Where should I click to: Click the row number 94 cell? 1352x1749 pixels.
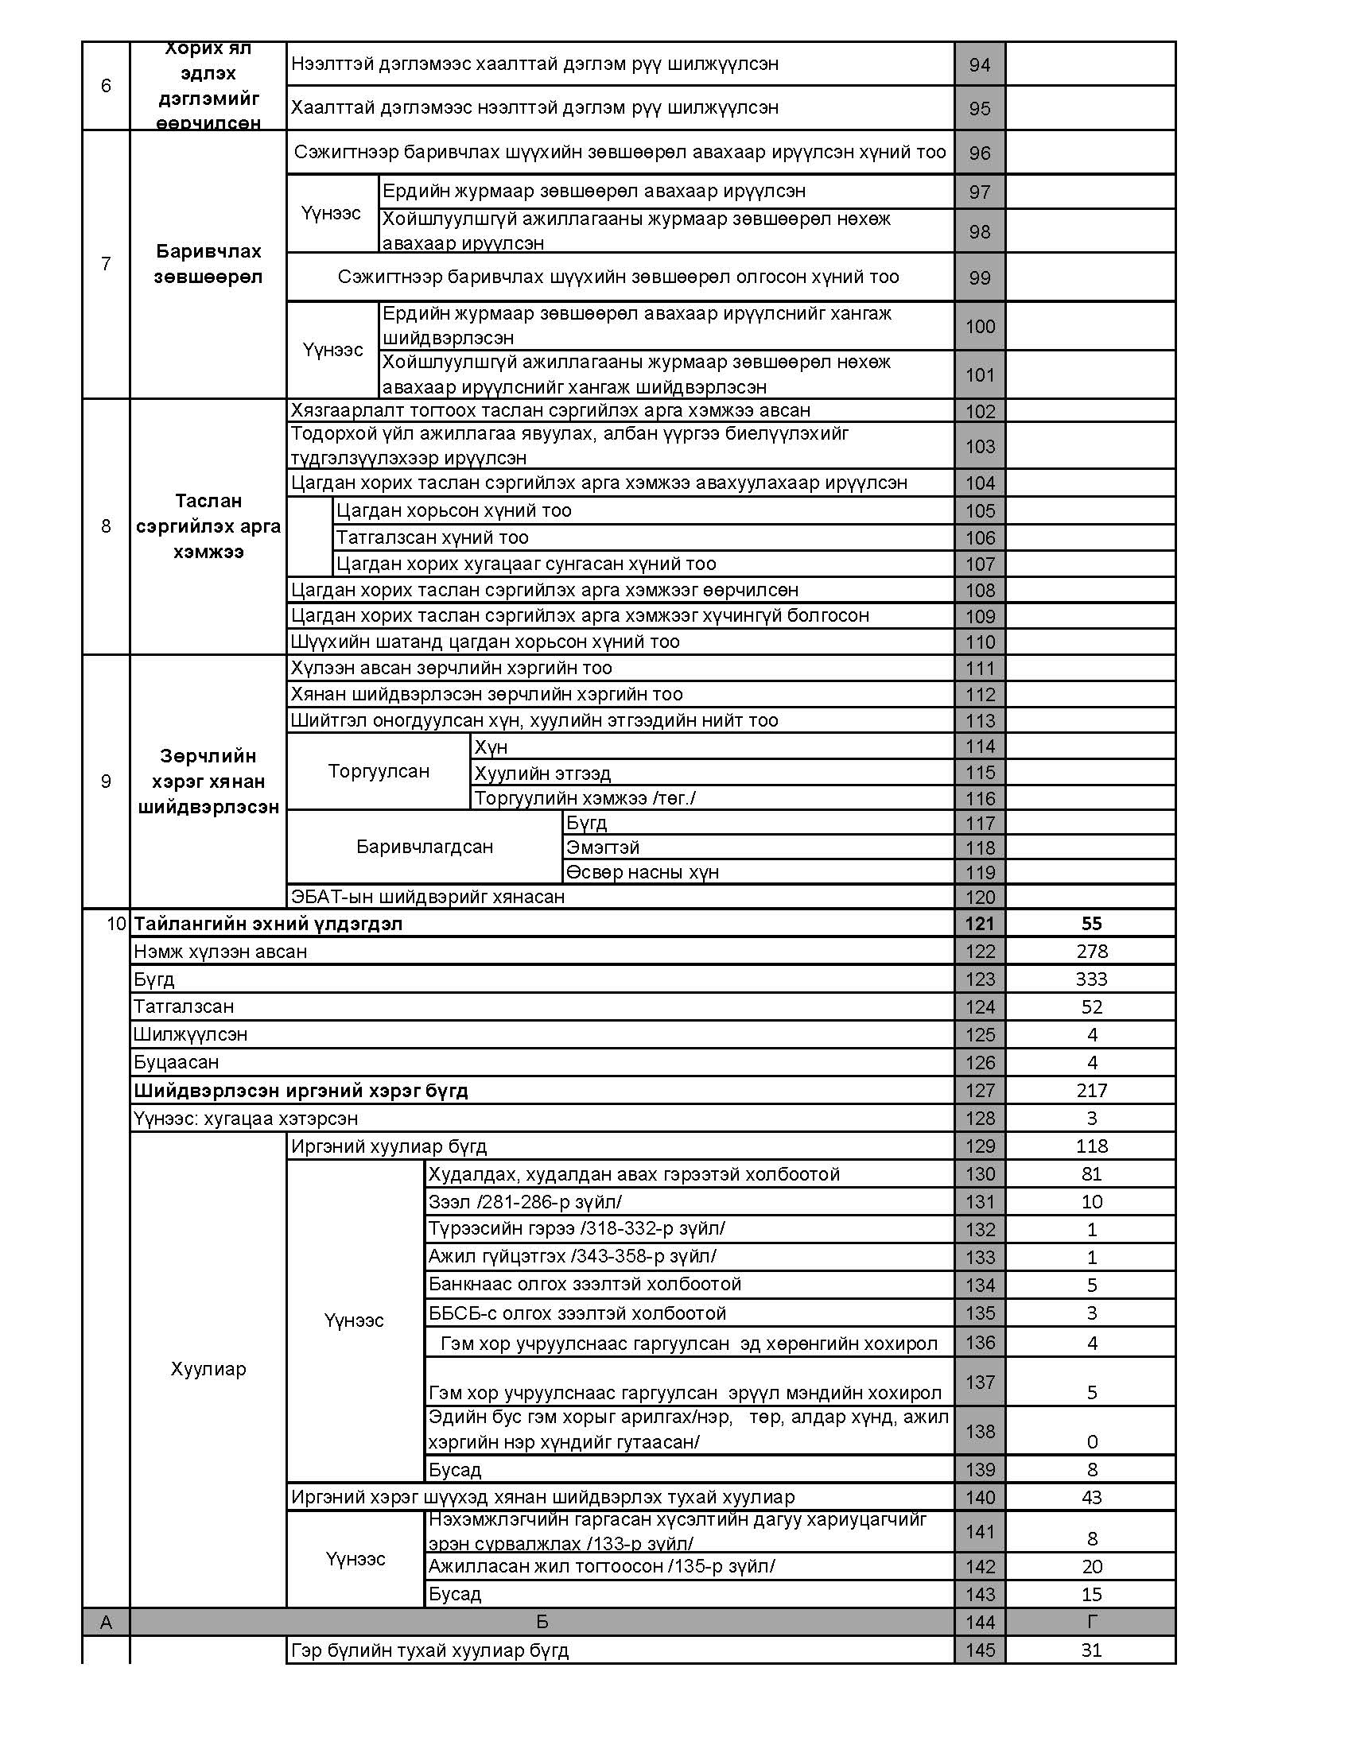pyautogui.click(x=980, y=65)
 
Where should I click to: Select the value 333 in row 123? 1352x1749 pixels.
pyautogui.click(x=1091, y=979)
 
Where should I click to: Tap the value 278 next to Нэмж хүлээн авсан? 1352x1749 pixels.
pyautogui.click(x=1091, y=952)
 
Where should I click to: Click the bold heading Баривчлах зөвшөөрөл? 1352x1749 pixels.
pyautogui.click(x=208, y=263)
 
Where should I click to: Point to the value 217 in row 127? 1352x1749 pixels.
pyautogui.click(x=1091, y=1090)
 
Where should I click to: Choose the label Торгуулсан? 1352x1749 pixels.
pyautogui.click(x=378, y=771)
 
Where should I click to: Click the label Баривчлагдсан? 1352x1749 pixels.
pyautogui.click(x=425, y=847)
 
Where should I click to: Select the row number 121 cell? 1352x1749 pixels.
pyautogui.click(x=980, y=923)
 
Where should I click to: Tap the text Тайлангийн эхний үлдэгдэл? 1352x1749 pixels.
pyautogui.click(x=267, y=923)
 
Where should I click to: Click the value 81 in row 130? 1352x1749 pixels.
pyautogui.click(x=1091, y=1174)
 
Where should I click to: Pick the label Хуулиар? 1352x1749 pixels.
pyautogui.click(x=208, y=1369)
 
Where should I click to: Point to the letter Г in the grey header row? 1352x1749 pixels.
pyautogui.click(x=1091, y=1622)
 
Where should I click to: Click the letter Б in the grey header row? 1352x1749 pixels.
pyautogui.click(x=542, y=1622)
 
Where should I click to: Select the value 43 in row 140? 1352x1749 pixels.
pyautogui.click(x=1091, y=1497)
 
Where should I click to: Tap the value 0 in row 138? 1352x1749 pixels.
pyautogui.click(x=1092, y=1441)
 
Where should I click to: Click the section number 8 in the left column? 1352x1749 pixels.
pyautogui.click(x=106, y=526)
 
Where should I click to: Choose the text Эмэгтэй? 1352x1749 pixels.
pyautogui.click(x=602, y=847)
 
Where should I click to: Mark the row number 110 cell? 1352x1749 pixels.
pyautogui.click(x=980, y=642)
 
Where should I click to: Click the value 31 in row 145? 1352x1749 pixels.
pyautogui.click(x=1091, y=1650)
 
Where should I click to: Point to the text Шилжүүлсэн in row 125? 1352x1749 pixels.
pyautogui.click(x=191, y=1033)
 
